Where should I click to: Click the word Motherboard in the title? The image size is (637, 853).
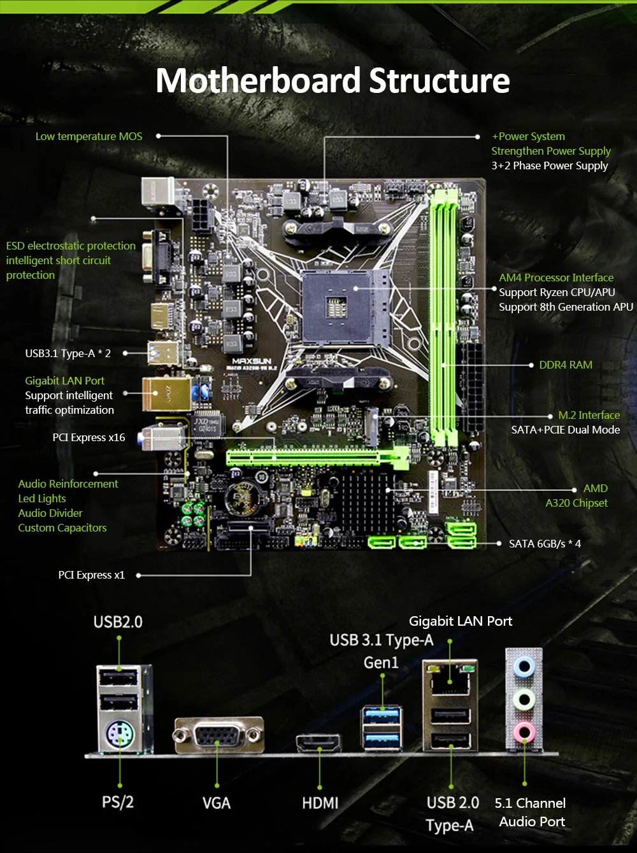point(258,81)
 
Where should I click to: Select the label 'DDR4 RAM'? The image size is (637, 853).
point(566,365)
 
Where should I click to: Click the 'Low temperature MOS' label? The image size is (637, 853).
point(89,136)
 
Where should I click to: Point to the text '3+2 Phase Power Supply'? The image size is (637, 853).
point(549,166)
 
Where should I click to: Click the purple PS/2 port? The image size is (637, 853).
point(118,737)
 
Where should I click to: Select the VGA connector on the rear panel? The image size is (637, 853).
point(218,736)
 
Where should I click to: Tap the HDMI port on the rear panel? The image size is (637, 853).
point(318,744)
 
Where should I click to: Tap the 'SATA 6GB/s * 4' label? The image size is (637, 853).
point(545,544)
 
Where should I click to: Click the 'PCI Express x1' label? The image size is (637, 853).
point(91,575)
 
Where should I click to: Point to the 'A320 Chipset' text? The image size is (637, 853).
point(576,503)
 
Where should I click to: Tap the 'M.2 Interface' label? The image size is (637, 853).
point(589,415)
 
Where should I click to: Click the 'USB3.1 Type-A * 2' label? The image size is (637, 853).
point(68,353)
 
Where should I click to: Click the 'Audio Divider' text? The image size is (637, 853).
point(50,513)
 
